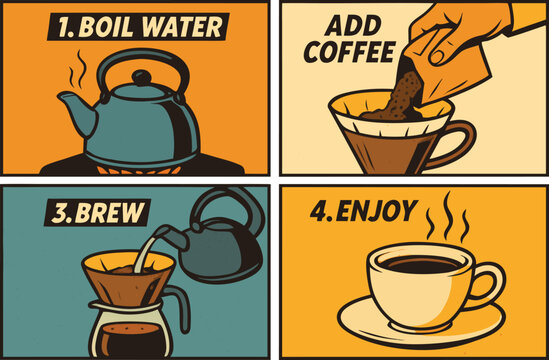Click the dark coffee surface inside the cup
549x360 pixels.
[421, 265]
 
